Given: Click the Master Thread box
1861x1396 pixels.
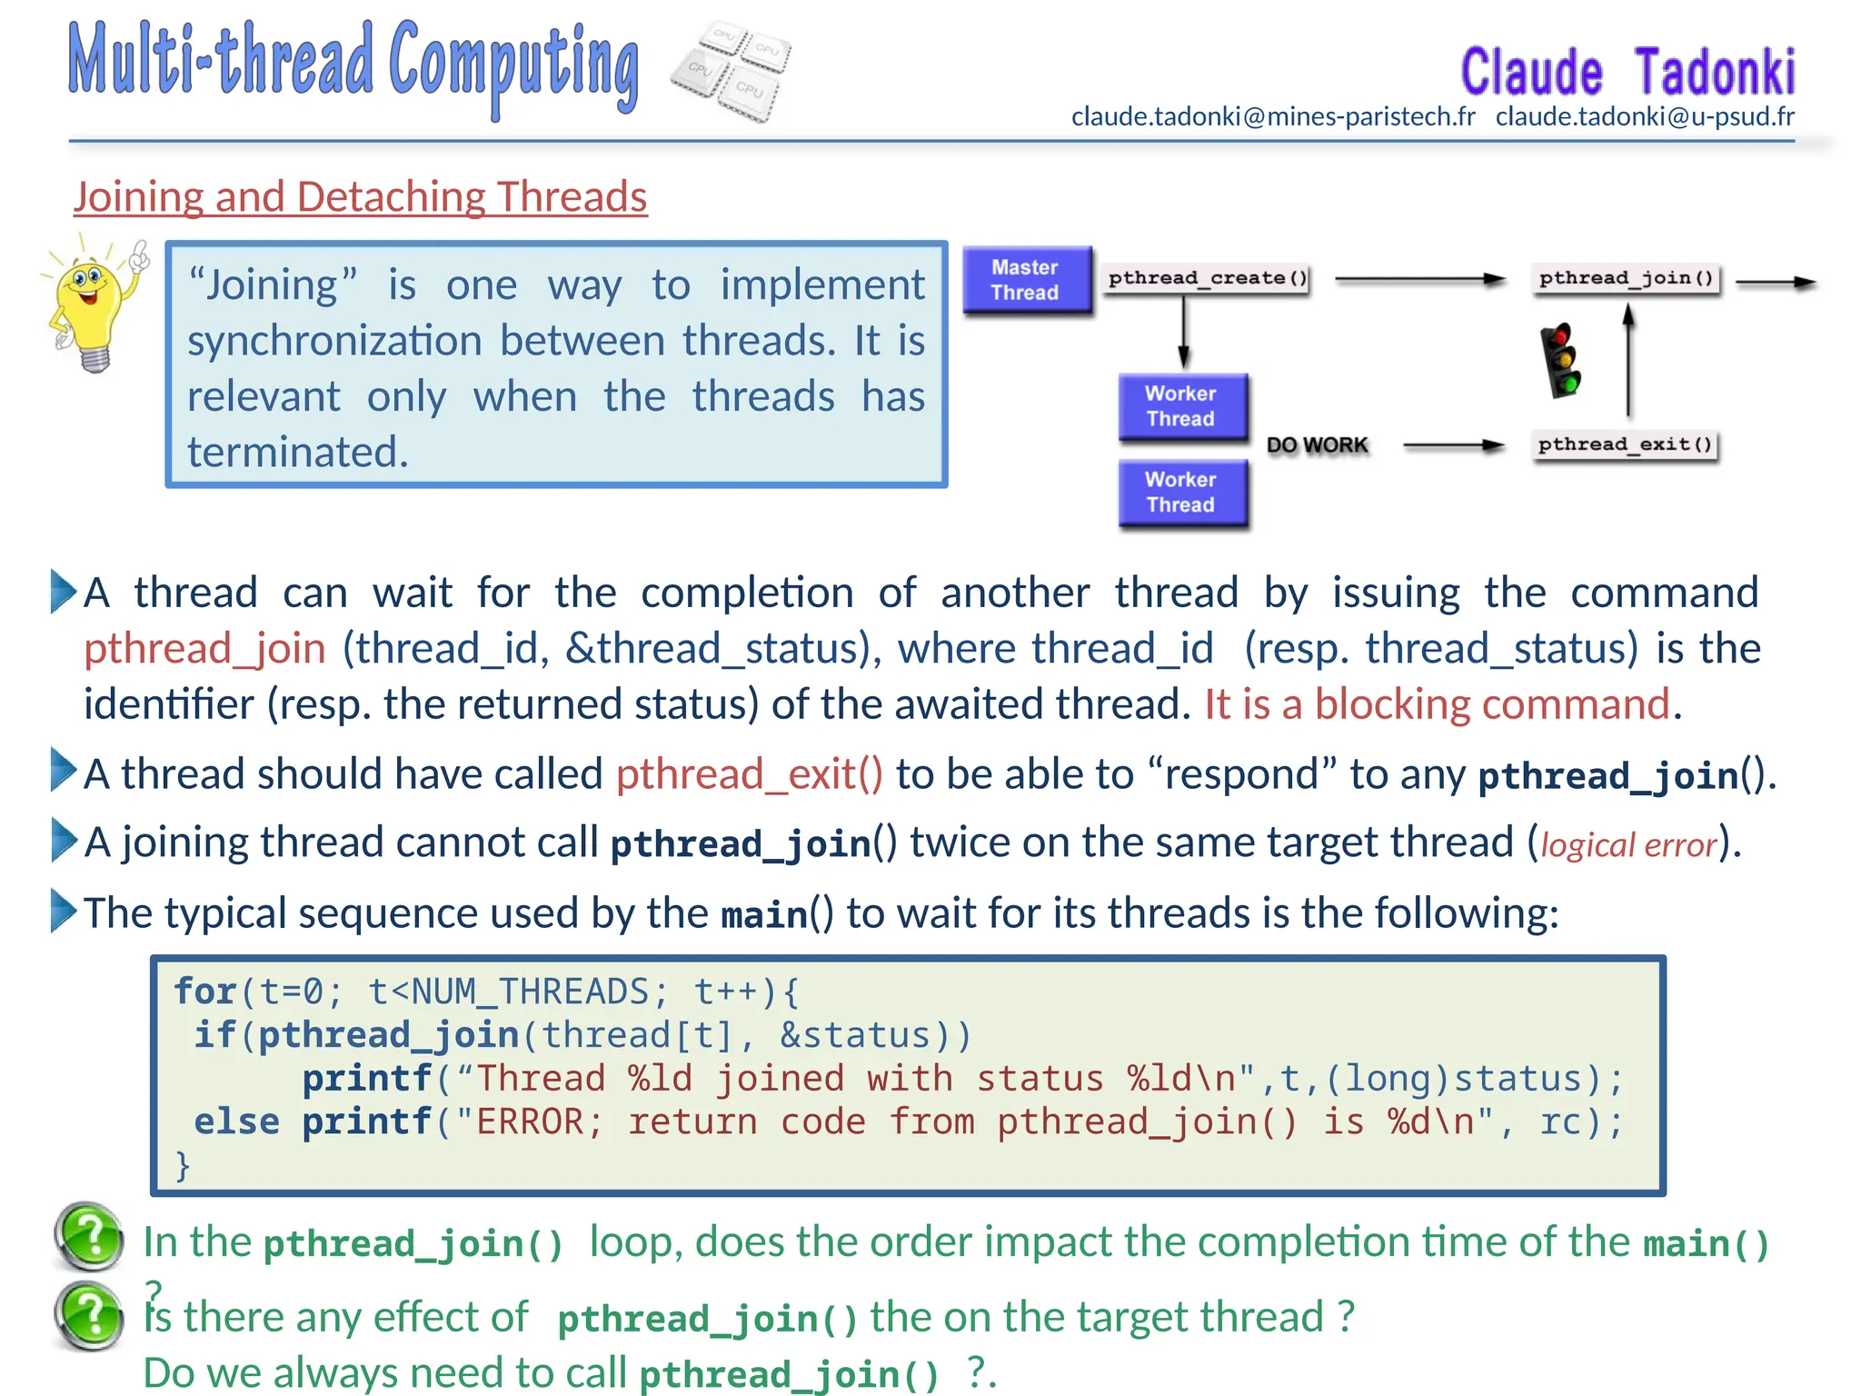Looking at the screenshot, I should [x=1027, y=280].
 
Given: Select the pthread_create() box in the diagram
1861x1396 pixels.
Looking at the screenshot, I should [x=1207, y=278].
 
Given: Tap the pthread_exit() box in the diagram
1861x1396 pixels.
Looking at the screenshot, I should [x=1626, y=444].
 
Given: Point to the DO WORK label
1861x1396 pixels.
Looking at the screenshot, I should [x=1317, y=445].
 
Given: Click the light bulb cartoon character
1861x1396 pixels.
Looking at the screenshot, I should [x=94, y=304].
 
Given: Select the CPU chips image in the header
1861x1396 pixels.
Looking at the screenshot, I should [x=731, y=71].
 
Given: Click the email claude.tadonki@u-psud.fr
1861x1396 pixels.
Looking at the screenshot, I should [x=1645, y=117].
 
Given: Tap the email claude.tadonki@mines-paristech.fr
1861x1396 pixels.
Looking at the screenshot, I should [x=1273, y=117].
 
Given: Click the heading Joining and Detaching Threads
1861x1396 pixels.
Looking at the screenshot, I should [x=360, y=197].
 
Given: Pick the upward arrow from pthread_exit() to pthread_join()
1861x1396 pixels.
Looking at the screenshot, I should [x=1628, y=361].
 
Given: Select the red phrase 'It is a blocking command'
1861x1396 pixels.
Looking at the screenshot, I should [x=1438, y=705].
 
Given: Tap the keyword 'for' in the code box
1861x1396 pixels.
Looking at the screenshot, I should [x=205, y=992].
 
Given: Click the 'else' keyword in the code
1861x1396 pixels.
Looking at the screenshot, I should [x=236, y=1122].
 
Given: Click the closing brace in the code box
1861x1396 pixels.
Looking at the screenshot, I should [x=183, y=1165].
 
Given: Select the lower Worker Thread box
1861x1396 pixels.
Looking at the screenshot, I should [x=1181, y=493].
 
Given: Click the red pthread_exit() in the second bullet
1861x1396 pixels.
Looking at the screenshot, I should [x=749, y=775].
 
